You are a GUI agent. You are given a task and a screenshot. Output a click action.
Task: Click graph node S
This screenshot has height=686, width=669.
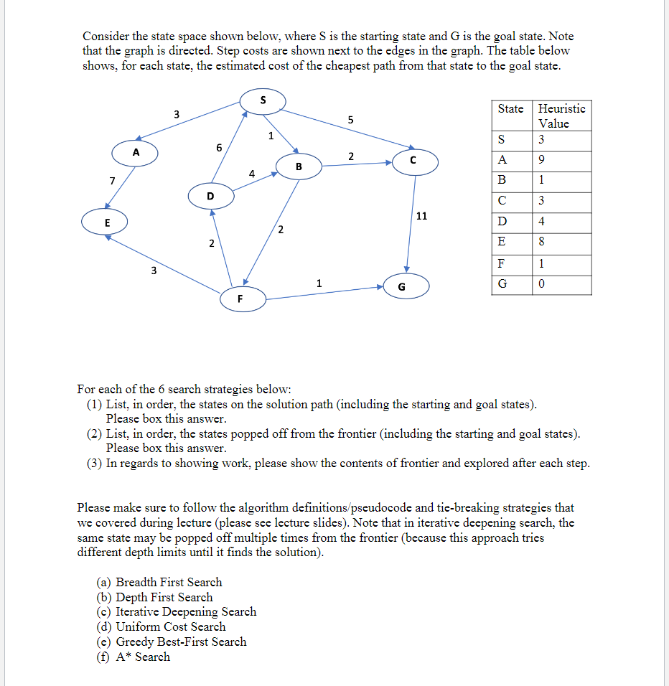(x=263, y=100)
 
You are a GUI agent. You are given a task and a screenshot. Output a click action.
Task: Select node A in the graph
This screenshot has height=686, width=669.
(x=135, y=152)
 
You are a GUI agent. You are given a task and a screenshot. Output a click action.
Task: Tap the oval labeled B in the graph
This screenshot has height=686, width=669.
(x=299, y=166)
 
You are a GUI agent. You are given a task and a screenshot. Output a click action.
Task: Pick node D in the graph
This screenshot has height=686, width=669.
(x=210, y=195)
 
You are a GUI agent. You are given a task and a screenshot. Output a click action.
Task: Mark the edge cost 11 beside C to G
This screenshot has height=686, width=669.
(x=422, y=215)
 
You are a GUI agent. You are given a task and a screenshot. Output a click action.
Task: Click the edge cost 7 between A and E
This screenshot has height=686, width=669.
(x=113, y=179)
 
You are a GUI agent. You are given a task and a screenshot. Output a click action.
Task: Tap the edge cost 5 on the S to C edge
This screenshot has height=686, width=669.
(x=350, y=120)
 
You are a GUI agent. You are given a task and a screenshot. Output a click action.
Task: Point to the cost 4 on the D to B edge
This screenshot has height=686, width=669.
(x=251, y=173)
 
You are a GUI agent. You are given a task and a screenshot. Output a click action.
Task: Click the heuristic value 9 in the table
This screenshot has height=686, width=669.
(x=542, y=159)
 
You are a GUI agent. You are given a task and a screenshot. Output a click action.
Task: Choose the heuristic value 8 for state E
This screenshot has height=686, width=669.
(x=542, y=243)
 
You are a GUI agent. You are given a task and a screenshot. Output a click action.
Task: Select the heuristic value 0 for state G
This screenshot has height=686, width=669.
(x=542, y=284)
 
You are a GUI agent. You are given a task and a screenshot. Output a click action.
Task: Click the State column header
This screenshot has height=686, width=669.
(x=510, y=109)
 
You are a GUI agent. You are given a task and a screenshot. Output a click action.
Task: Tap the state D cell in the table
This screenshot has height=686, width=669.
(x=502, y=222)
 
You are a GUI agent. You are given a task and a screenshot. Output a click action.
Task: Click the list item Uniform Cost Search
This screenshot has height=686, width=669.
(x=170, y=626)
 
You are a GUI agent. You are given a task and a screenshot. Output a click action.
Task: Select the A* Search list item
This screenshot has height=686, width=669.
(x=142, y=657)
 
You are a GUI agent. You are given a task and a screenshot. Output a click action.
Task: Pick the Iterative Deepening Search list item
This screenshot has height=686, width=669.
(x=185, y=611)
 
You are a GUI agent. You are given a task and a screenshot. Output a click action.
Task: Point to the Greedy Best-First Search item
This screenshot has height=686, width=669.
(x=180, y=642)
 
